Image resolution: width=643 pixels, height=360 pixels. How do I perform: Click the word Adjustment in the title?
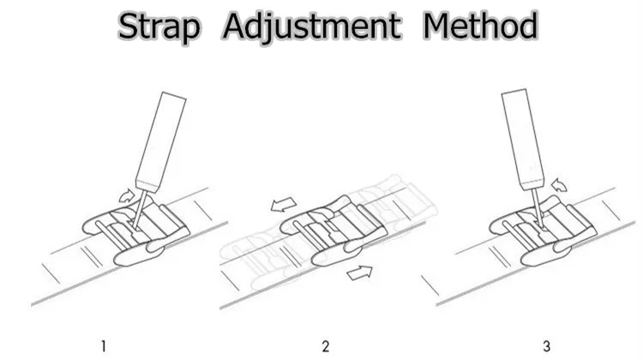pos(311,27)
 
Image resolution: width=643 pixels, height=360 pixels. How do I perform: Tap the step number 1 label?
pos(103,346)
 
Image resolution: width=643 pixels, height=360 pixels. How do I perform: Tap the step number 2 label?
pos(325,346)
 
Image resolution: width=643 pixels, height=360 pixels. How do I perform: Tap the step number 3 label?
pos(546,346)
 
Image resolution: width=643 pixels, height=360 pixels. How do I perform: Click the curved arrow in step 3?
pos(561,184)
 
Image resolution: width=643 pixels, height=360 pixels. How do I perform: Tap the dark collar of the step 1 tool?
pos(147,184)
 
